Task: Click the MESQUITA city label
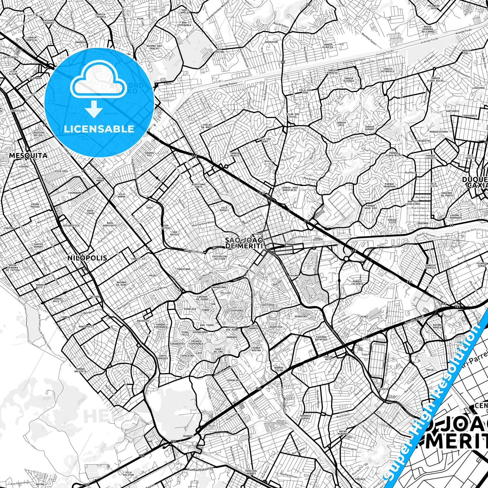(28, 156)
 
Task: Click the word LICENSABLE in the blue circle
(99, 129)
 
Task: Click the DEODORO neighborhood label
(189, 436)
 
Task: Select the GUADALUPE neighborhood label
(233, 380)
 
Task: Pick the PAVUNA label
(294, 276)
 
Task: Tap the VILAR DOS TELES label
(292, 115)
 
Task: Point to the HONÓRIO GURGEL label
(306, 417)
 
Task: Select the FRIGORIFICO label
(71, 225)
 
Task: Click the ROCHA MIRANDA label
(343, 433)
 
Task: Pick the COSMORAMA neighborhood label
(75, 193)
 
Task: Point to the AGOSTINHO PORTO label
(198, 185)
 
